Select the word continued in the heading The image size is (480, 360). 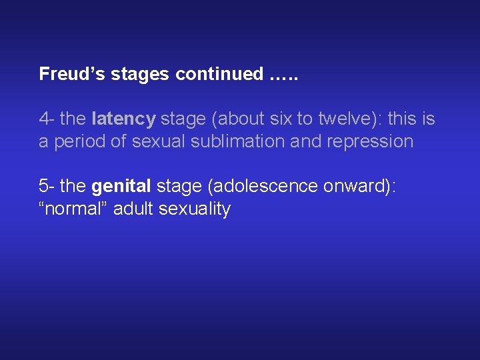[x=219, y=74]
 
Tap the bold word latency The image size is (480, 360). [x=123, y=119]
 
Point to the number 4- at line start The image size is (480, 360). [x=46, y=119]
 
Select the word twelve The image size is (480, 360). [x=346, y=119]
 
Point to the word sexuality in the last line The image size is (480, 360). [x=195, y=209]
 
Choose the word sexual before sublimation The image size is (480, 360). [x=157, y=142]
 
